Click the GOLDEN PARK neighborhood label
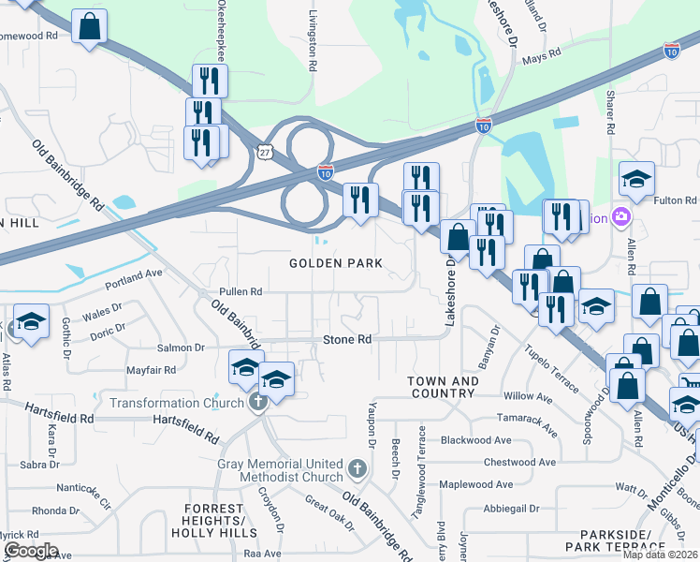(x=335, y=263)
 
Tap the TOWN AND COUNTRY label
(x=444, y=387)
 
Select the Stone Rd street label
(x=347, y=339)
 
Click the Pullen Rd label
(x=241, y=291)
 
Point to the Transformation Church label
(x=177, y=403)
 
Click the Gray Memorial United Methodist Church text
(x=281, y=470)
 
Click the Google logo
(x=30, y=551)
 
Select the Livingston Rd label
(x=312, y=43)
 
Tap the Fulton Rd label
(x=677, y=200)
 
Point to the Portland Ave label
(x=134, y=277)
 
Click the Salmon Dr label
(x=181, y=348)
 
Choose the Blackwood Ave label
(x=476, y=439)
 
